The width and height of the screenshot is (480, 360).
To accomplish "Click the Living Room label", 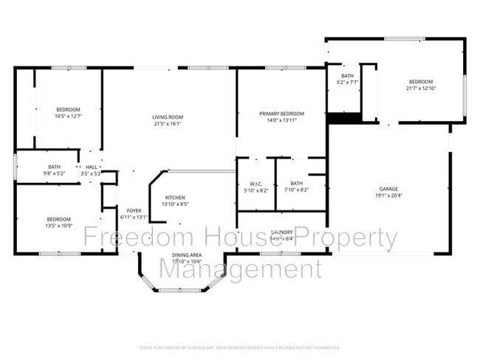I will (x=168, y=117).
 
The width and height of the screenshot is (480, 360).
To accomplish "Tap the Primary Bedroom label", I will (x=281, y=114).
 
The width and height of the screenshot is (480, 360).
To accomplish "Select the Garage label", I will (x=388, y=189).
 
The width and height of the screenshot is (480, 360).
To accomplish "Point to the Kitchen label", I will (x=174, y=198).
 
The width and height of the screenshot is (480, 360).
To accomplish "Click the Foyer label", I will (x=134, y=211).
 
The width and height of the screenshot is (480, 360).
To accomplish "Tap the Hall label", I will (x=92, y=167).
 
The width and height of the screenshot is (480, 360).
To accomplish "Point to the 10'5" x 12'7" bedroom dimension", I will (x=69, y=115).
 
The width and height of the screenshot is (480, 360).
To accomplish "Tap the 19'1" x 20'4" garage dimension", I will (x=388, y=195).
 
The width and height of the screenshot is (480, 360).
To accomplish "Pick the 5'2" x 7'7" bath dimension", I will (x=346, y=83).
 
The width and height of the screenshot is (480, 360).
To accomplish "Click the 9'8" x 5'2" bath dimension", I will (x=55, y=173).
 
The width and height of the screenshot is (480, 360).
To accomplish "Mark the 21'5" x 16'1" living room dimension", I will (x=168, y=124).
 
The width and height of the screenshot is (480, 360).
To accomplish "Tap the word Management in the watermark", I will (x=241, y=269).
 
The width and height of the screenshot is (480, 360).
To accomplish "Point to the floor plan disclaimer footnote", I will (x=239, y=347).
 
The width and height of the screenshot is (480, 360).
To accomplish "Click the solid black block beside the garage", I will (x=342, y=118).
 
